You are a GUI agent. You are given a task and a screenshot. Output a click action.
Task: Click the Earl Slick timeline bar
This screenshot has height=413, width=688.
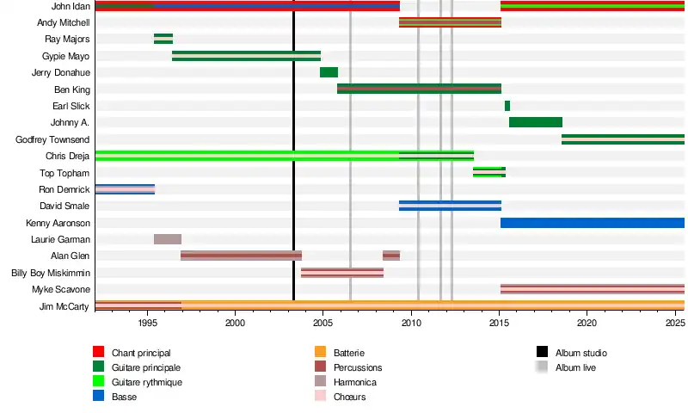pos(507,106)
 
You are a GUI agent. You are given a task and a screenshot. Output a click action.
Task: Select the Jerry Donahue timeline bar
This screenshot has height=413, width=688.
pos(329,72)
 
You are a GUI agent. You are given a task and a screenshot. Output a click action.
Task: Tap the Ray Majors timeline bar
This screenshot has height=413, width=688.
pos(163,39)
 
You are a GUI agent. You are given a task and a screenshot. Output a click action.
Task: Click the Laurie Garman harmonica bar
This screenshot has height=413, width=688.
pos(168,239)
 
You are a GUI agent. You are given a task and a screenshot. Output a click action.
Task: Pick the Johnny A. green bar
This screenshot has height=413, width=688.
pos(536,122)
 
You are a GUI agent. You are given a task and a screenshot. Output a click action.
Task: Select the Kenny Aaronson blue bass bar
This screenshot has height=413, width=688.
pos(592,223)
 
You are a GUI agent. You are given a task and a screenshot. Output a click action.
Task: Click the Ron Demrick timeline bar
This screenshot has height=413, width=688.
pos(125,189)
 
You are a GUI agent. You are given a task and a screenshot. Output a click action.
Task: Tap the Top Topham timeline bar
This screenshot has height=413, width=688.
pos(489,172)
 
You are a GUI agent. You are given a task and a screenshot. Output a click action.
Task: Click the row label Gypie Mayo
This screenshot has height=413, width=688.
pos(66,56)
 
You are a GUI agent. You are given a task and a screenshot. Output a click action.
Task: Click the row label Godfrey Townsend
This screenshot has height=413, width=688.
pos(52,139)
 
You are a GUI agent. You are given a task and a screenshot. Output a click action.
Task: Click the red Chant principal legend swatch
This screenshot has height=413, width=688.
pos(99,352)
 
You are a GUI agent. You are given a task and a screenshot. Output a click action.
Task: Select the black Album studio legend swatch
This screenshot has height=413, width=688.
pos(543,352)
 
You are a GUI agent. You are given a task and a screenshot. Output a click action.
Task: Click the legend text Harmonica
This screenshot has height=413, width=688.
pos(354,381)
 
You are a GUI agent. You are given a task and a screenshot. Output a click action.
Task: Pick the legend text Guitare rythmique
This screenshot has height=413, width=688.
pos(147,381)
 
